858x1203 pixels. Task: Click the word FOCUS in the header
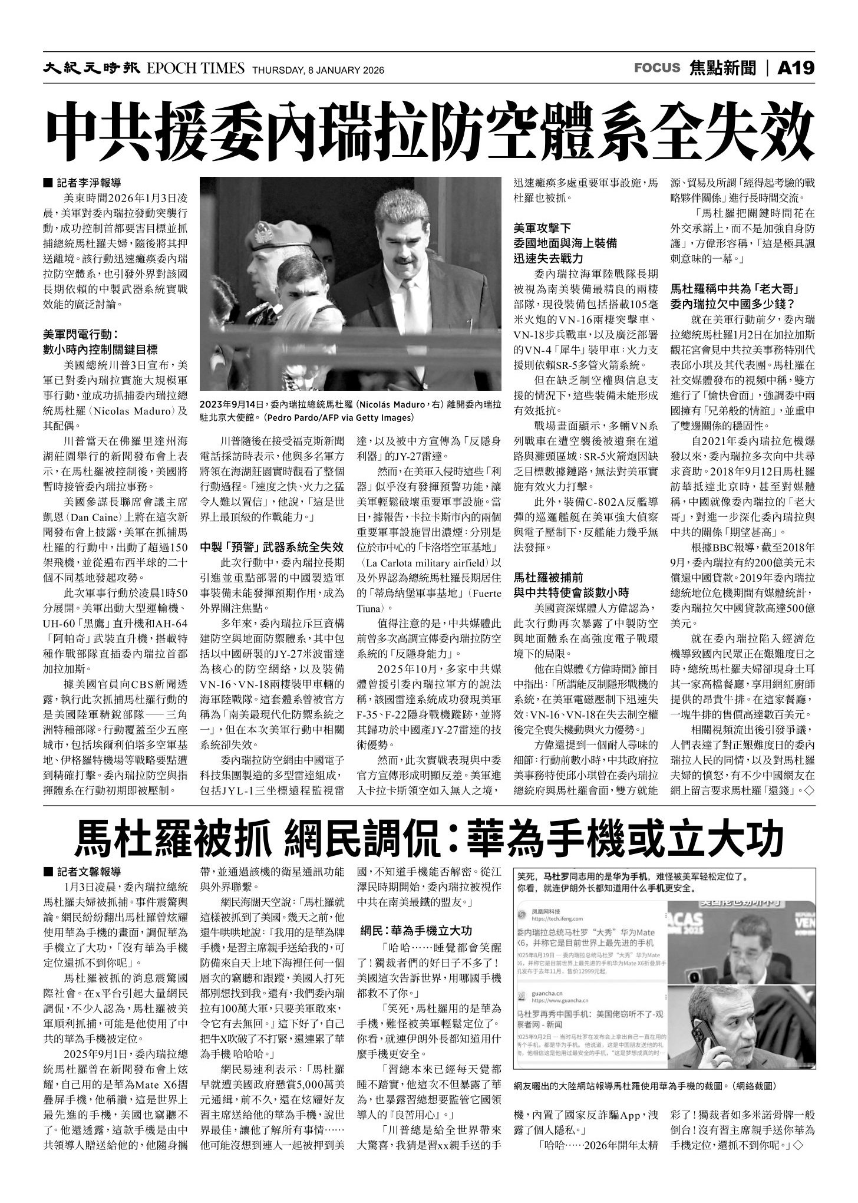[x=657, y=68]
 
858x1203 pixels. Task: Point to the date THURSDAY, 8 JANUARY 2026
[x=318, y=70]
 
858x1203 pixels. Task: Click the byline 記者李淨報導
[x=94, y=183]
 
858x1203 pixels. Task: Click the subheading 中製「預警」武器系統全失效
[x=272, y=545]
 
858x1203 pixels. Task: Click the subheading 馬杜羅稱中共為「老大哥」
[x=734, y=289]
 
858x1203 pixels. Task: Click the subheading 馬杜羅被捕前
[x=549, y=576]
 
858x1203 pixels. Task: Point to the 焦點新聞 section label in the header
[x=722, y=68]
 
